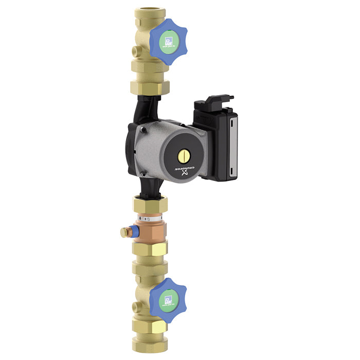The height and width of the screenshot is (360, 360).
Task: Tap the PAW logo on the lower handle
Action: (168, 298)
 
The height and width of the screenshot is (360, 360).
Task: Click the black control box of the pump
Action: (219, 141)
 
